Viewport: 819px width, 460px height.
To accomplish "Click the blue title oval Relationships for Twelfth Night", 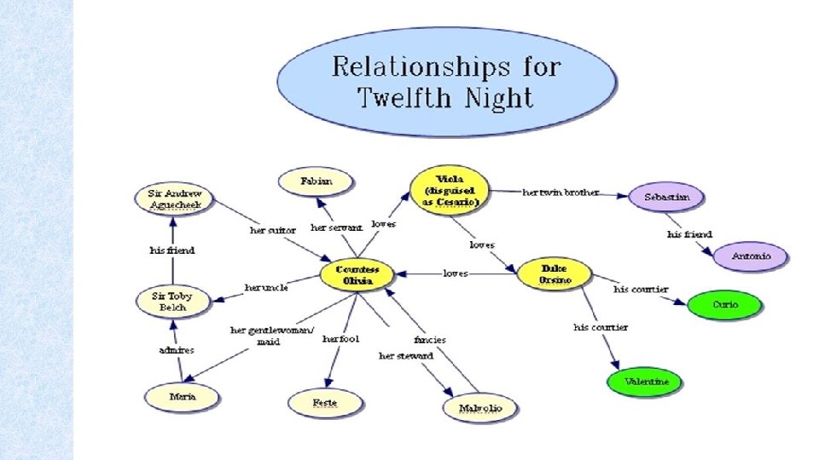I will coord(446,82).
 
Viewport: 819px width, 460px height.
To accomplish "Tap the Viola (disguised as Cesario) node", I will coord(447,190).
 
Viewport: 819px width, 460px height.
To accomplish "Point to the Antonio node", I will coord(752,256).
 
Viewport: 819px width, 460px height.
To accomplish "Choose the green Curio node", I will coord(724,305).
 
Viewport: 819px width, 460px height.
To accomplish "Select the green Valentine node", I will coord(646,382).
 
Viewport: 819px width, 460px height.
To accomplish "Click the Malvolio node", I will coord(479,409).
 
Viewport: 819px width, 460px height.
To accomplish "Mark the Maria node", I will coord(181,397).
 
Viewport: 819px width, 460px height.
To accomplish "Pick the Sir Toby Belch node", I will coord(172,301).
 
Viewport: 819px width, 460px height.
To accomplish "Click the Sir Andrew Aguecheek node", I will coord(173,198).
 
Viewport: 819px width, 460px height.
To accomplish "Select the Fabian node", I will coord(316,181).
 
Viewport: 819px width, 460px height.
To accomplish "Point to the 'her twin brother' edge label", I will coord(561,193).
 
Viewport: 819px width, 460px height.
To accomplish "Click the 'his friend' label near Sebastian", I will coord(688,234).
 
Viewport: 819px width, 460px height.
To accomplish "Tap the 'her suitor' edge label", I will coord(273,230).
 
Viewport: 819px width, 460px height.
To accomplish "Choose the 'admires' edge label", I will coord(177,350).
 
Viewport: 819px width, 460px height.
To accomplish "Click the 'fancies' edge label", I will coord(430,339).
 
